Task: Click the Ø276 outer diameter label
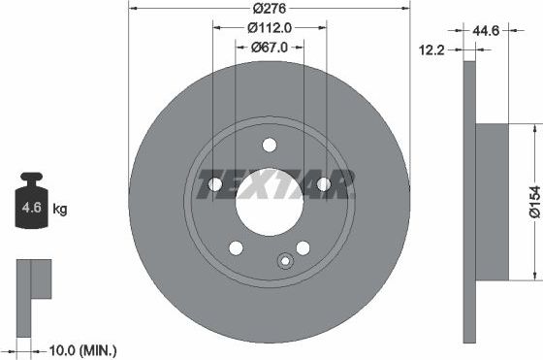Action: [269, 9]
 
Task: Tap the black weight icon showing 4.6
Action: [31, 205]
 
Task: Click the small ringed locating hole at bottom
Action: [285, 260]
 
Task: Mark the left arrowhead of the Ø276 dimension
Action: [133, 8]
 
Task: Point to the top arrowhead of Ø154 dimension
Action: [537, 128]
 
